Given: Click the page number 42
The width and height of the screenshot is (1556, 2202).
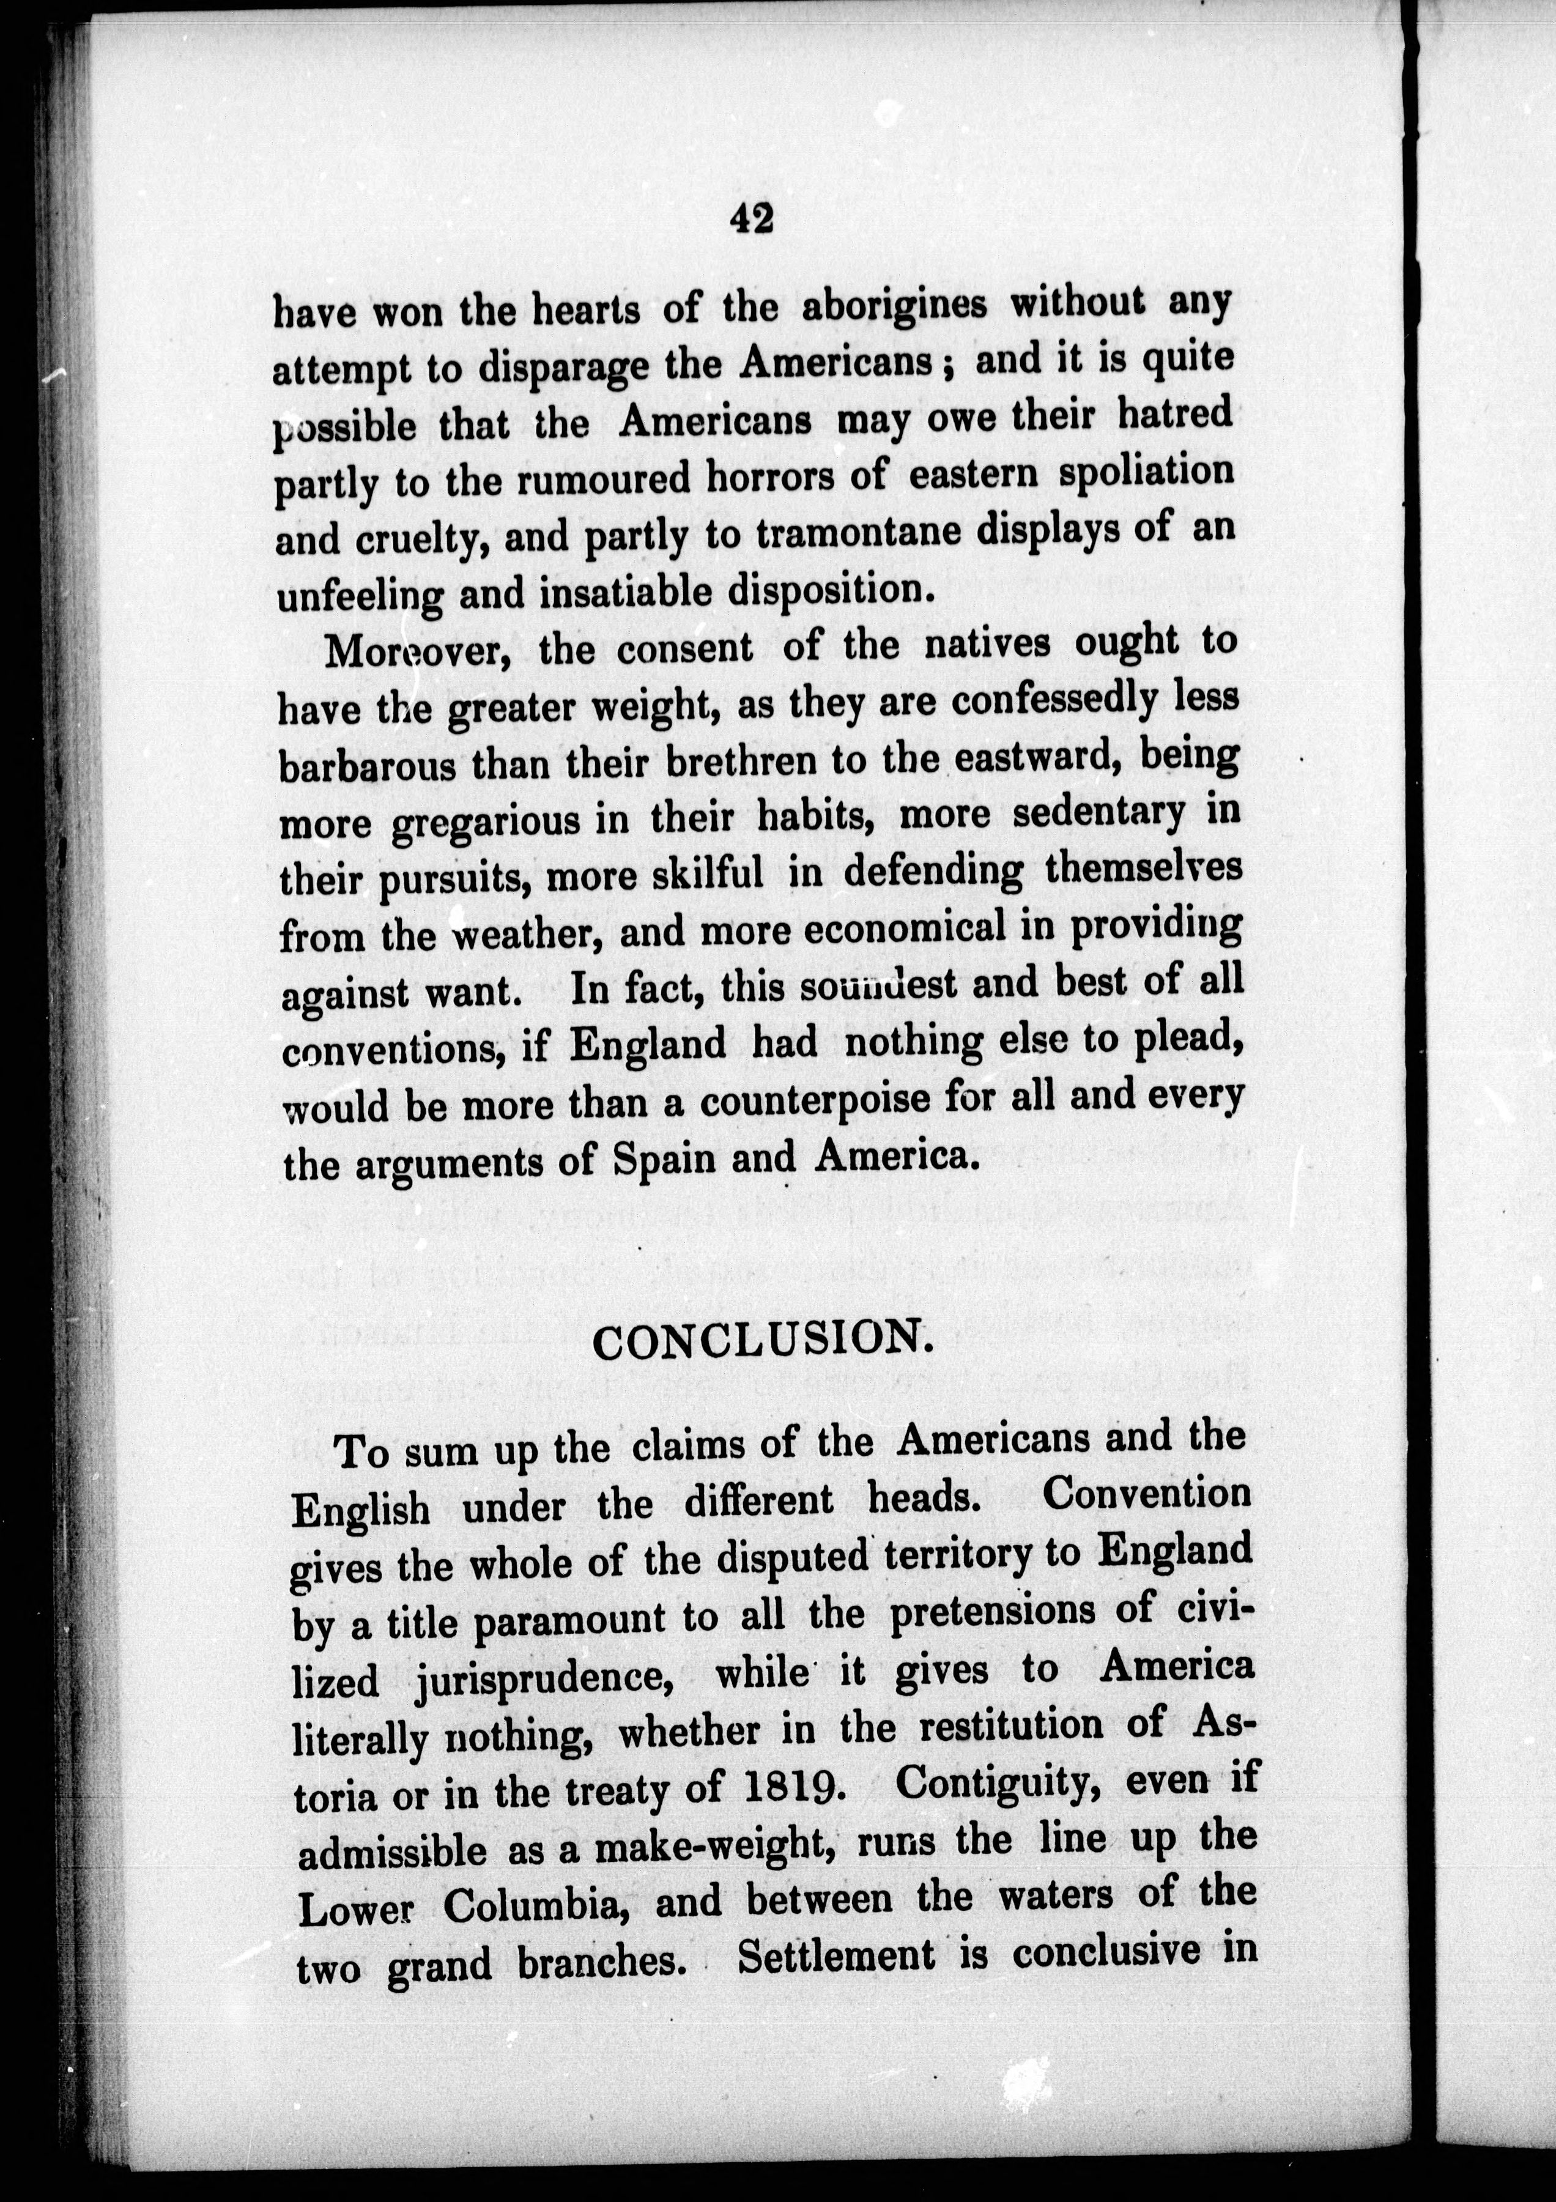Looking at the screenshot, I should coord(750,218).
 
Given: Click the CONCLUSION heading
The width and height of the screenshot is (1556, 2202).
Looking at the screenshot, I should coord(762,1341).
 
